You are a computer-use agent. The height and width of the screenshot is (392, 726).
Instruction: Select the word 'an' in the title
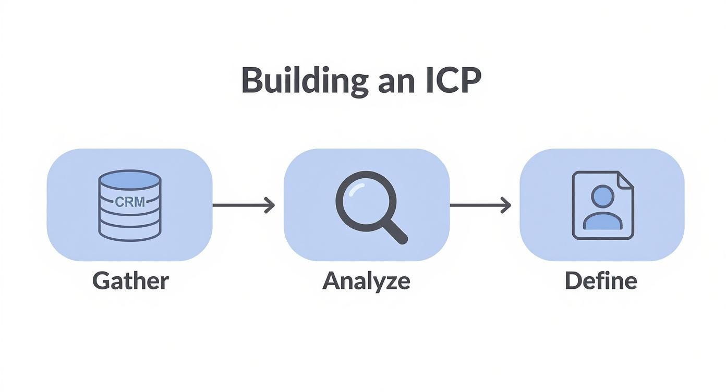click(x=397, y=84)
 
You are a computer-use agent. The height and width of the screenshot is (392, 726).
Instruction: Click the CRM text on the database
click(x=130, y=202)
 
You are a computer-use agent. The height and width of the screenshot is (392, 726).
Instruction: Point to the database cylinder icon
click(x=130, y=206)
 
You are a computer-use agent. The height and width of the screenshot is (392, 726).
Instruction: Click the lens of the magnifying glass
click(x=366, y=202)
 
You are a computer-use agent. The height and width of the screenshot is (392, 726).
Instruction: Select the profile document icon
click(x=603, y=205)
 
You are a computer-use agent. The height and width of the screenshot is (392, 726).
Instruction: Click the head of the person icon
click(x=602, y=196)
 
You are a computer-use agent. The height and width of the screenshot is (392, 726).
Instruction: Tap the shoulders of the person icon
click(x=602, y=221)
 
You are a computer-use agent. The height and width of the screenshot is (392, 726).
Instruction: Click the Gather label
click(x=130, y=281)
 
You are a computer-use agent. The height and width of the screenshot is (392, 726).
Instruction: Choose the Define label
click(x=601, y=280)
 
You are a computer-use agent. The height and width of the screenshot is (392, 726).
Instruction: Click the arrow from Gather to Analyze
click(x=244, y=205)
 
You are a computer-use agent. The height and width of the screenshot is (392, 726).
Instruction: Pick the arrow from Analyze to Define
click(x=480, y=205)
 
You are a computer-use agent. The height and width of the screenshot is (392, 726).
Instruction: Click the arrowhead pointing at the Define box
click(x=506, y=205)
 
